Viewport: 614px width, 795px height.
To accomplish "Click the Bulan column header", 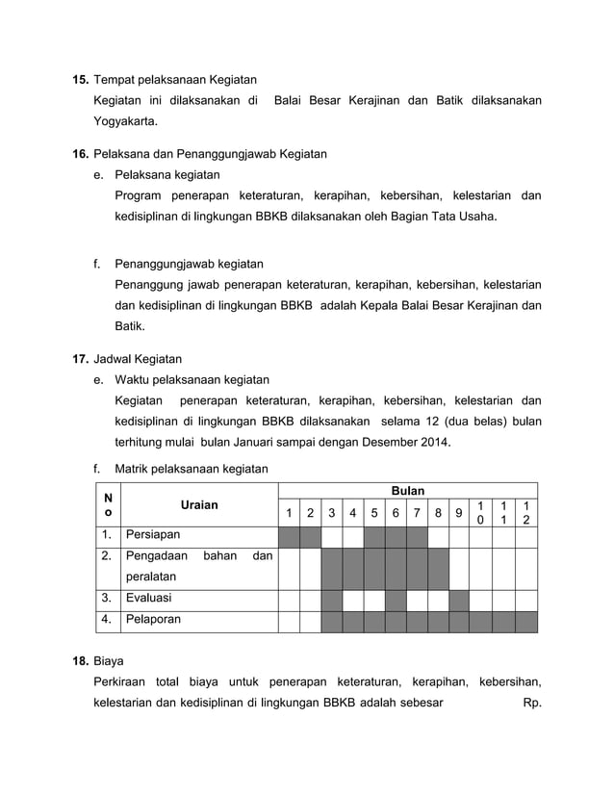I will (x=407, y=491).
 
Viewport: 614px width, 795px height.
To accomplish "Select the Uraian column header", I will (x=198, y=504).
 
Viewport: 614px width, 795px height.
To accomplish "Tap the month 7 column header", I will (x=416, y=513).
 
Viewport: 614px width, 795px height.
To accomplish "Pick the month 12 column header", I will (x=525, y=512).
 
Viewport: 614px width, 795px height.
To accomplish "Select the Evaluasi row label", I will (x=149, y=599).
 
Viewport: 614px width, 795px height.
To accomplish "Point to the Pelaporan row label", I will (x=153, y=620).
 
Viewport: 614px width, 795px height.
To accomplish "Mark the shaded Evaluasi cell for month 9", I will (x=459, y=599).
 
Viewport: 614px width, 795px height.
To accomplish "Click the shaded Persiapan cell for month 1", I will (x=288, y=534).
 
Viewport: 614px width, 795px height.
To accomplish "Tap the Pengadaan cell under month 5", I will (x=373, y=566).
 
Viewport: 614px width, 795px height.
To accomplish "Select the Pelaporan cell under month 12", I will (x=525, y=620).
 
